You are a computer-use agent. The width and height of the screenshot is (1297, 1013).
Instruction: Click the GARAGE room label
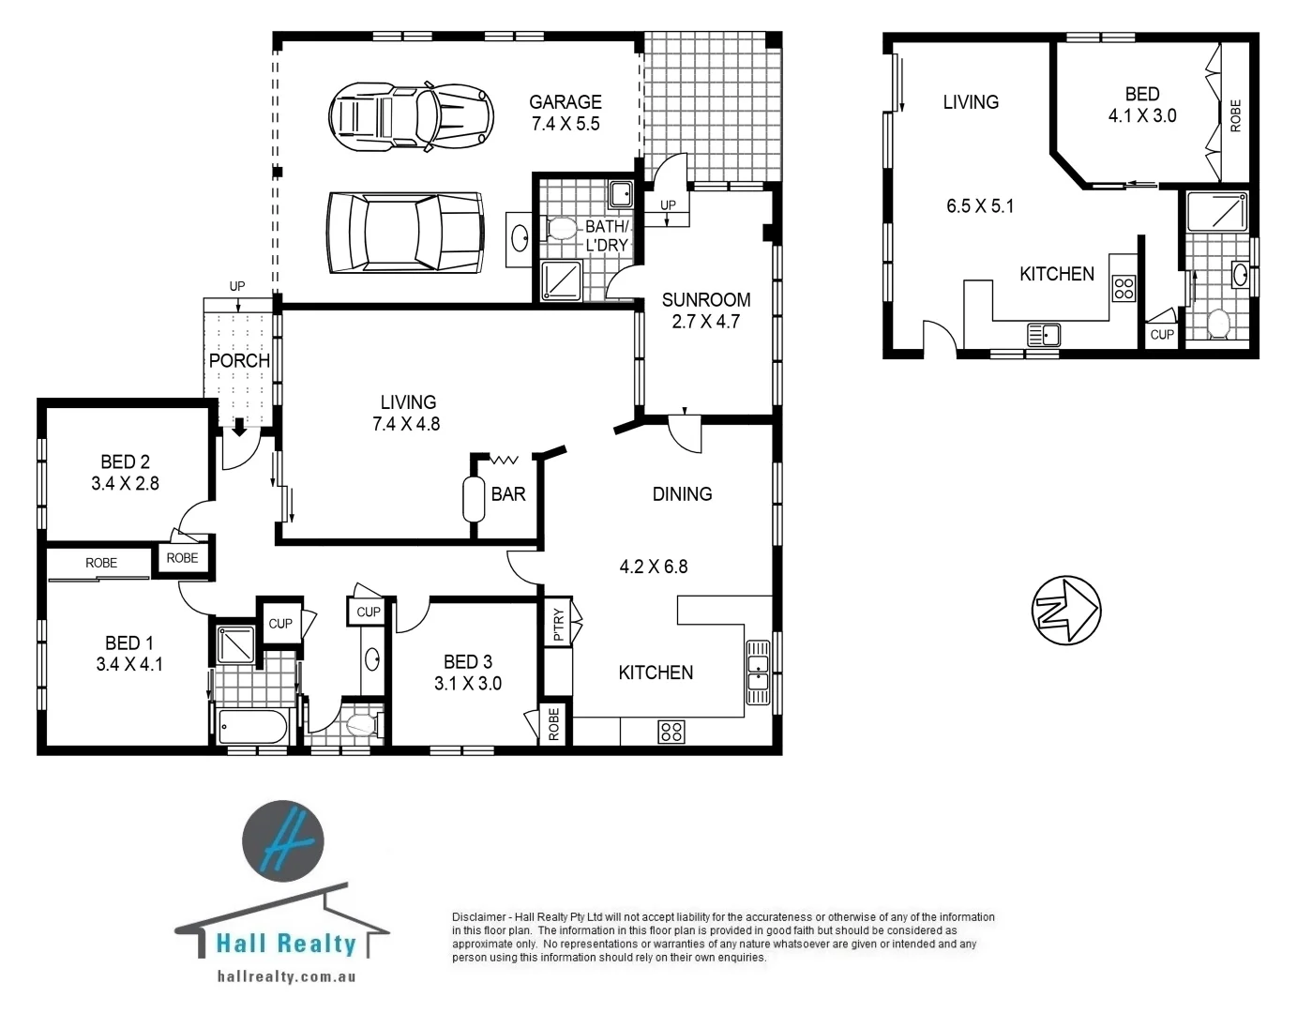coord(565,102)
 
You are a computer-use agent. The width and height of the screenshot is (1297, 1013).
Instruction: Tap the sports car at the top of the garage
coord(411,117)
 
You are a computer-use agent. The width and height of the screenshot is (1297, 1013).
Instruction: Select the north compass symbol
coord(1065,611)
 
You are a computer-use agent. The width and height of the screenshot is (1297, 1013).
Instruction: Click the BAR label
coord(508,493)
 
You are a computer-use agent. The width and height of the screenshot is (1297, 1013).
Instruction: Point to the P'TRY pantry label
coord(559,624)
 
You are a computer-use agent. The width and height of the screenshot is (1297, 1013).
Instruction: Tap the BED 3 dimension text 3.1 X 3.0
coord(467,684)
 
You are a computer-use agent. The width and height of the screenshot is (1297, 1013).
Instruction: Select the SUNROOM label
coord(705,300)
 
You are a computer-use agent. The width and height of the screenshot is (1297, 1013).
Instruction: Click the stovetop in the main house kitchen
coord(671,731)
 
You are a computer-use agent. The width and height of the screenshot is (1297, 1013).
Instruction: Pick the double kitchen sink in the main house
coord(757,673)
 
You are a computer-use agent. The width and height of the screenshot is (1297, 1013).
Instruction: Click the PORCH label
coord(239,360)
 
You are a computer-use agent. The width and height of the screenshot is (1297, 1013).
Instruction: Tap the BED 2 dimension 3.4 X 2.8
coord(125,484)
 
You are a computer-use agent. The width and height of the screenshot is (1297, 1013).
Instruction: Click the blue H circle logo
coord(283,840)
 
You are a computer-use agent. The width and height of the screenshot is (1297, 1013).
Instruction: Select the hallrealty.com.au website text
coord(285,976)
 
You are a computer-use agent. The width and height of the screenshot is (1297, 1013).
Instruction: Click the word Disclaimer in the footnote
coord(479,917)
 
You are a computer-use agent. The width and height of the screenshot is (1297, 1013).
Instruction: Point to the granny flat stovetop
coord(1123,288)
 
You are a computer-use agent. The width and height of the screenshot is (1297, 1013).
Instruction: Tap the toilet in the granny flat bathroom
coord(1218,325)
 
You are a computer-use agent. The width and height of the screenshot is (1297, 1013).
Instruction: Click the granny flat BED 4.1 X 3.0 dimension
coord(1141,116)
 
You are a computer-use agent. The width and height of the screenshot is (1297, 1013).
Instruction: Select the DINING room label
coord(682,494)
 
